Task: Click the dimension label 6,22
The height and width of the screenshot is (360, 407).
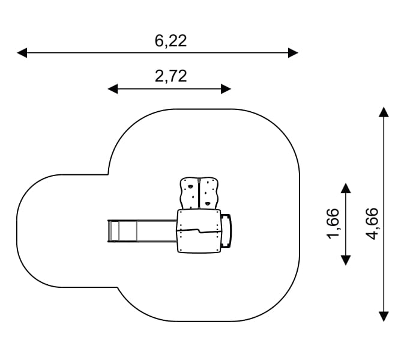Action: click(x=170, y=40)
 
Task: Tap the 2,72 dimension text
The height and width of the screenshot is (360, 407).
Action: click(x=170, y=76)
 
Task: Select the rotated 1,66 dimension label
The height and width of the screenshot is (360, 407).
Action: click(x=333, y=223)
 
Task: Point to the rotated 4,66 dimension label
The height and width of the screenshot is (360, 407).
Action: click(x=372, y=223)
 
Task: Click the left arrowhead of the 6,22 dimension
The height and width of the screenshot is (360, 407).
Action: click(x=22, y=53)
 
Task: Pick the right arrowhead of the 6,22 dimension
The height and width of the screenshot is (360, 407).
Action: click(x=293, y=53)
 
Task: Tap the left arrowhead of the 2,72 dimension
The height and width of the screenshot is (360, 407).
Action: click(x=112, y=89)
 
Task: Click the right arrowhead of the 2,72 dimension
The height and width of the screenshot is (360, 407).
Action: click(x=226, y=89)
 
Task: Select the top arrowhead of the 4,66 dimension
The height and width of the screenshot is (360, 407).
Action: click(x=384, y=111)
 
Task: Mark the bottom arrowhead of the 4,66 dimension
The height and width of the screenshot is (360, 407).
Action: click(x=384, y=316)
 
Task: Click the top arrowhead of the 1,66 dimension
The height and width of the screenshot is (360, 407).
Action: click(x=345, y=188)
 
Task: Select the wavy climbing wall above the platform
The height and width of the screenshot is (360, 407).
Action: click(x=199, y=193)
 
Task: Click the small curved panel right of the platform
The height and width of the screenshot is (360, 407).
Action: click(x=226, y=231)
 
